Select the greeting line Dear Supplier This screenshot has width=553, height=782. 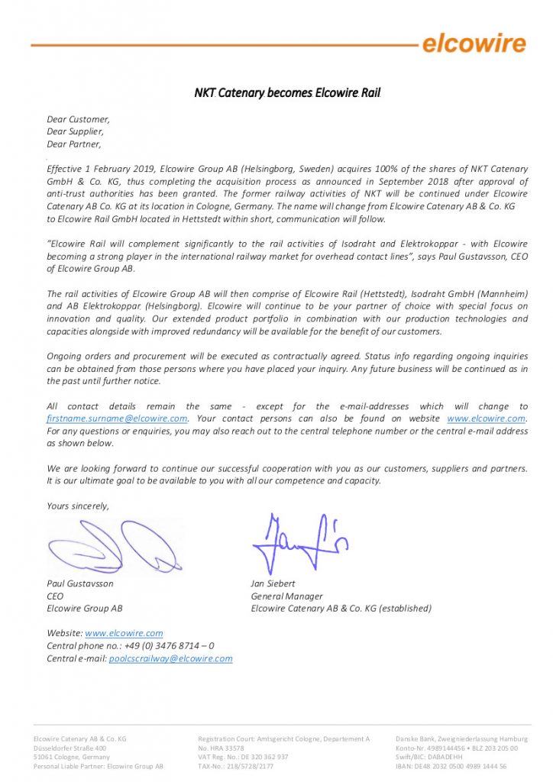[x=75, y=131]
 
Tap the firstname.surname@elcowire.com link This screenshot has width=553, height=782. [x=118, y=418]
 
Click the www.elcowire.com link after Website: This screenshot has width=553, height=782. [x=124, y=633]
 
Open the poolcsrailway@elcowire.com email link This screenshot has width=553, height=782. [x=170, y=658]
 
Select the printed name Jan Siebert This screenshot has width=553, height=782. [x=273, y=583]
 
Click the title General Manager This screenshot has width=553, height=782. [x=286, y=596]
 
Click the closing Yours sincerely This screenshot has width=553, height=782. [x=78, y=506]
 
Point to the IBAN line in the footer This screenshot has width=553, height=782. [x=451, y=766]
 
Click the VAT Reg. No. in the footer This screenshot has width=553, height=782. [x=243, y=757]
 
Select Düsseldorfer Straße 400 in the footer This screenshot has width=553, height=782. [x=70, y=748]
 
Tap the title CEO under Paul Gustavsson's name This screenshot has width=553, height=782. [x=55, y=596]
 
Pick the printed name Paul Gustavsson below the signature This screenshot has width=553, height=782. [x=80, y=583]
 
